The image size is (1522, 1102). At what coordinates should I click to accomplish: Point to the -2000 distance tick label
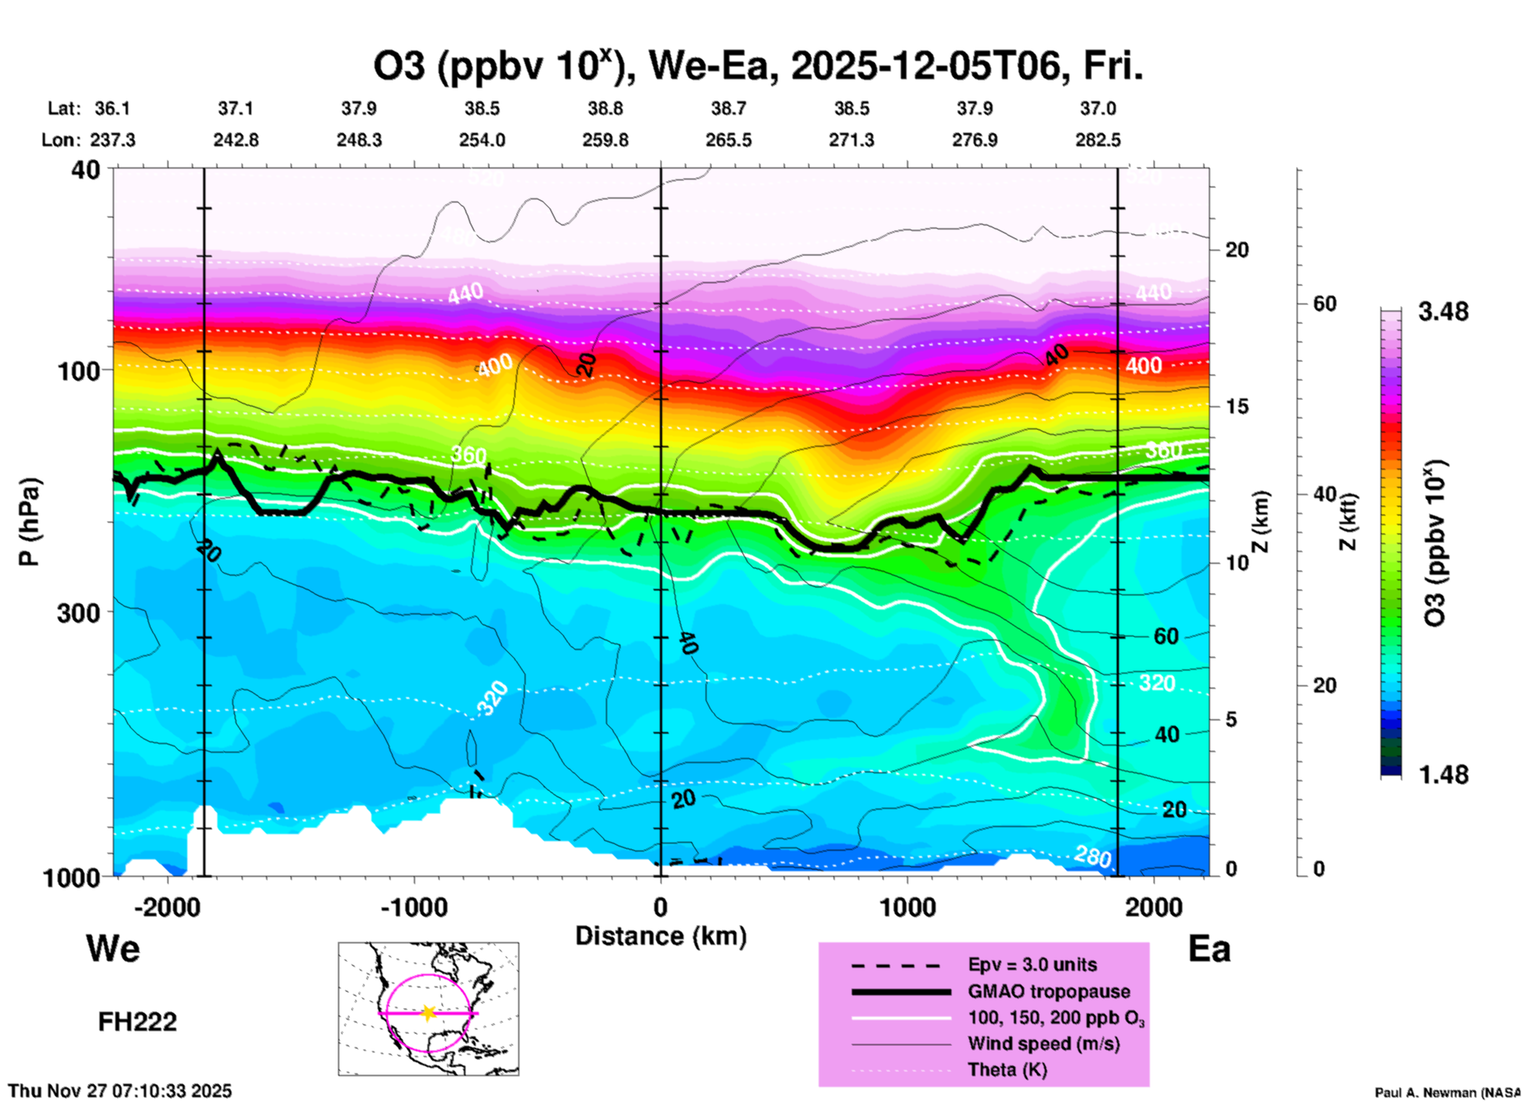click(168, 908)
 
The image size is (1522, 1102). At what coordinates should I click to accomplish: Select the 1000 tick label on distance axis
click(907, 908)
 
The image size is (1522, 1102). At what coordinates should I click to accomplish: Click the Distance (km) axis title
click(661, 936)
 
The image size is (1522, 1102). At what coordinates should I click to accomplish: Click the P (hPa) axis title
click(29, 522)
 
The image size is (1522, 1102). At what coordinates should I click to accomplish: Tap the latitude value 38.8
click(605, 108)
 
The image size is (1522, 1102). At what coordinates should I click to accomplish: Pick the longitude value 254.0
click(482, 141)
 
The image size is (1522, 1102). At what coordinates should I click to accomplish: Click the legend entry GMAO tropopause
click(1049, 991)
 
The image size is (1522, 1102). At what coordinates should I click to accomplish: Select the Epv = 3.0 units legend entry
click(1032, 965)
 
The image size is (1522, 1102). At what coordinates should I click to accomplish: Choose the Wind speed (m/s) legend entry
click(1043, 1044)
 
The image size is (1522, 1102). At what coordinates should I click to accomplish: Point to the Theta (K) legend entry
click(1007, 1070)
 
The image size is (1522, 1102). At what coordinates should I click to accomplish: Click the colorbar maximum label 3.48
click(1443, 312)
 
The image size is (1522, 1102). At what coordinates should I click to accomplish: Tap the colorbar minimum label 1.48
click(1443, 775)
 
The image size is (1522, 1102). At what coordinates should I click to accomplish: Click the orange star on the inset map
click(428, 1013)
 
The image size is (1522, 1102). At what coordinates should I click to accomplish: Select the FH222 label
click(138, 1022)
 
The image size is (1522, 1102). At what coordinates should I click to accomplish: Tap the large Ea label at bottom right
click(1209, 949)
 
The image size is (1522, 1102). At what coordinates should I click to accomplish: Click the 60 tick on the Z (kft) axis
click(1324, 304)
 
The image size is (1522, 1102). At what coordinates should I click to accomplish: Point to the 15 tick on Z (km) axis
click(1237, 406)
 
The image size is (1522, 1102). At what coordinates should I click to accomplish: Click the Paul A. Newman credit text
click(1446, 1093)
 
